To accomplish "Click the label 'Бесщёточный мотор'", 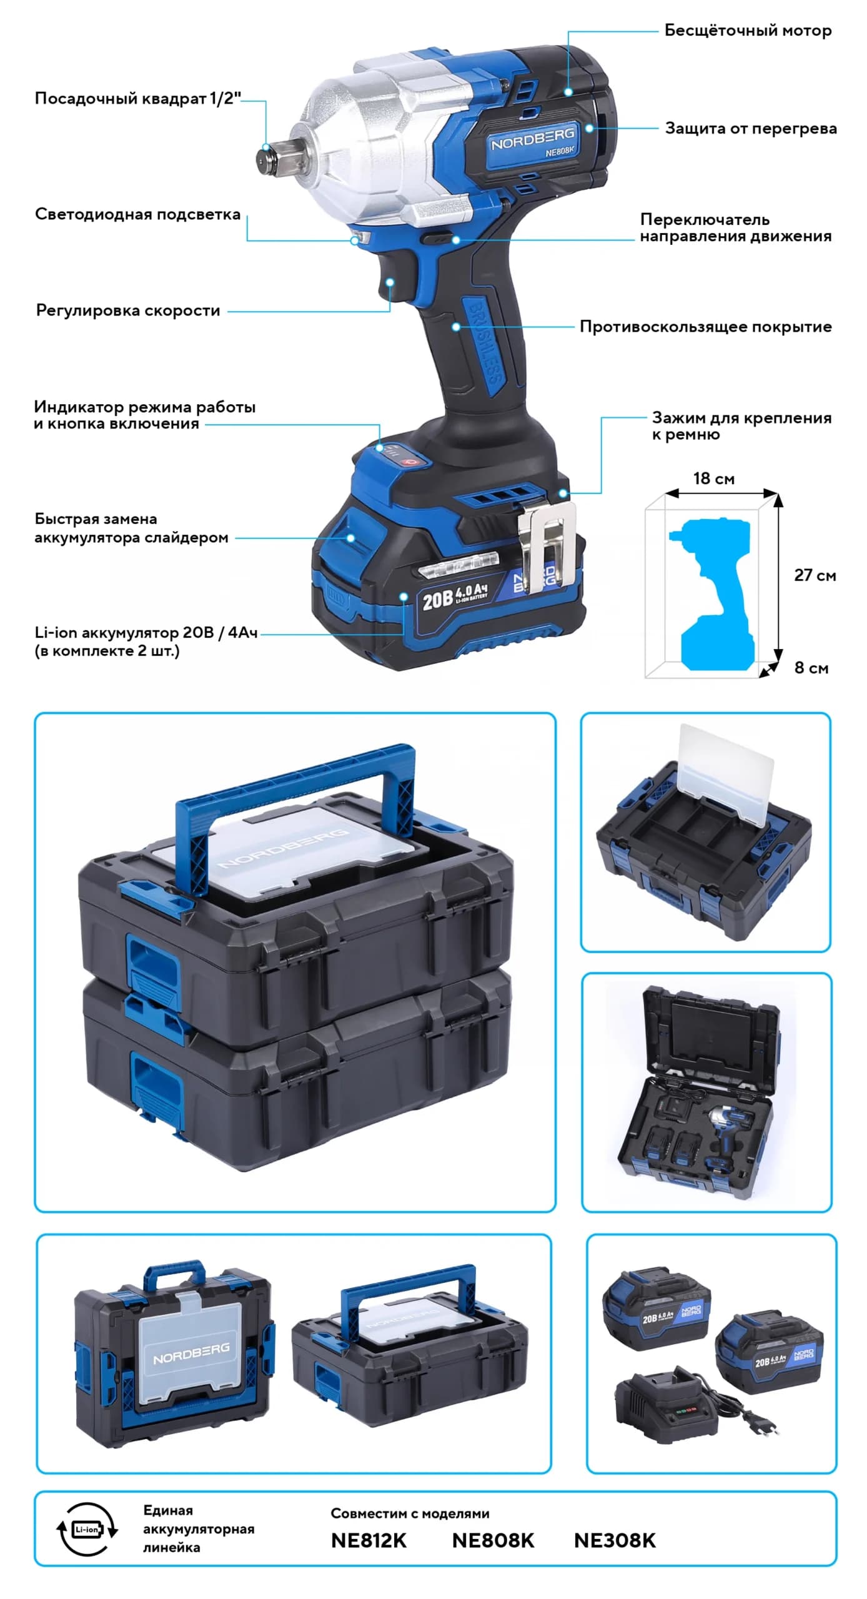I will tap(747, 31).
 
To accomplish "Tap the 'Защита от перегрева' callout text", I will tap(750, 129).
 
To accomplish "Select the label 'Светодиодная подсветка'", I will tap(137, 214).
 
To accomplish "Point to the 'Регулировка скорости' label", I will tap(128, 310).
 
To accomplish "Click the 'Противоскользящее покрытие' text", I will tap(705, 327).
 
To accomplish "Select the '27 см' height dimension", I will tap(815, 575).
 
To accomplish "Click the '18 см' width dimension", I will tap(713, 478).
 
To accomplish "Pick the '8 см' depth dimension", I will tap(811, 668).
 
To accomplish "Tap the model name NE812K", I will tap(369, 1540).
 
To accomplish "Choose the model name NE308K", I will tap(615, 1540).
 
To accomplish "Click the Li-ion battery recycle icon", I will tap(87, 1530).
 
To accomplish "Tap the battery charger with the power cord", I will tap(662, 1408).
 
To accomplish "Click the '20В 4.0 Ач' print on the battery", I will tap(455, 597).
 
